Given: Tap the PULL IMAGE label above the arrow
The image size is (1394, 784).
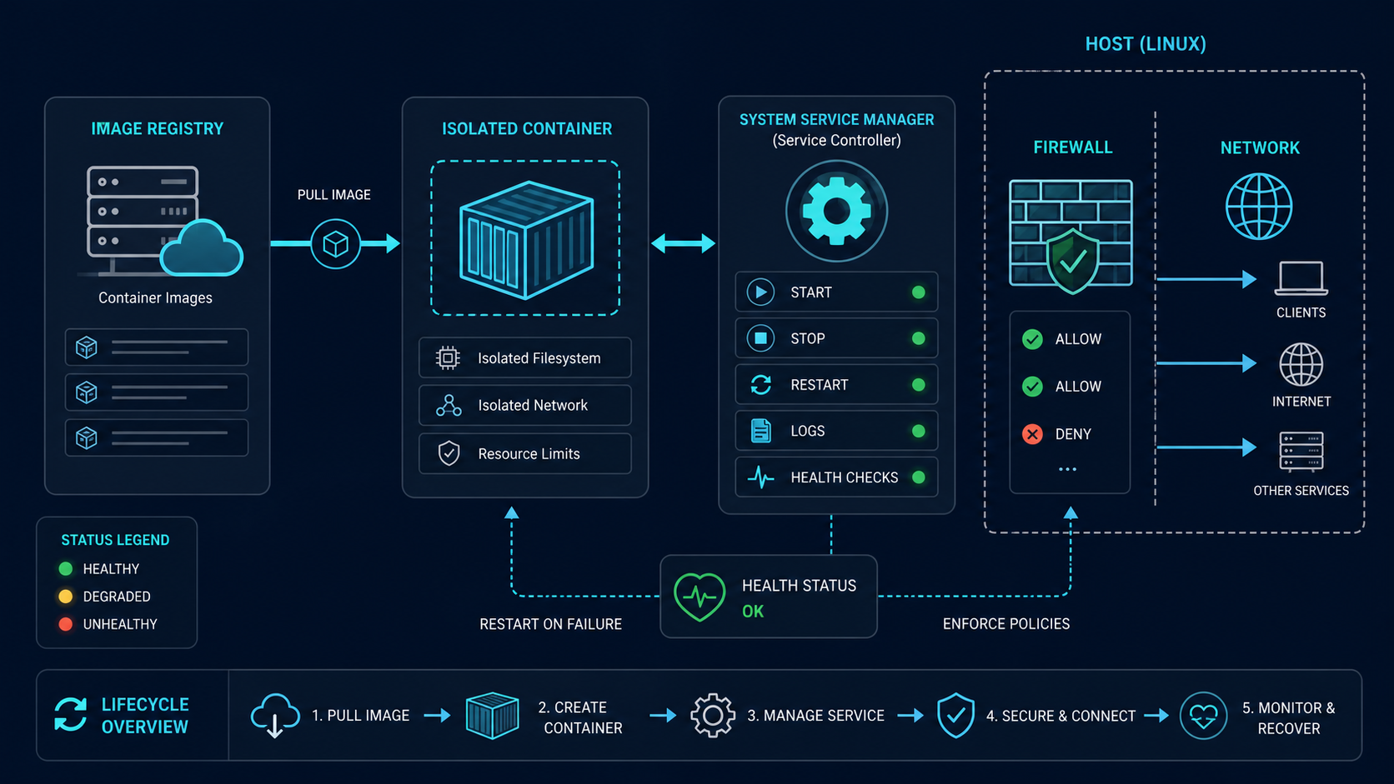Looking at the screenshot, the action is point(334,195).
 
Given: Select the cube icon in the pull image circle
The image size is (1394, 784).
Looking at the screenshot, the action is point(335,244).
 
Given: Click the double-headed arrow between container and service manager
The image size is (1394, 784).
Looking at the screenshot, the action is point(683,243).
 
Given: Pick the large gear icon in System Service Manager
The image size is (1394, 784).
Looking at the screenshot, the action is point(836,212).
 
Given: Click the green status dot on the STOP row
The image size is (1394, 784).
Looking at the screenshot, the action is point(918,338).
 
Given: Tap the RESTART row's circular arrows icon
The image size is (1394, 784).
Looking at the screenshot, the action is point(760,385).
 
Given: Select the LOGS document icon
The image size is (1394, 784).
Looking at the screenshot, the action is point(760,431).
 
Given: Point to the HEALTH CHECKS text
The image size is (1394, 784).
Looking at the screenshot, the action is point(844,477).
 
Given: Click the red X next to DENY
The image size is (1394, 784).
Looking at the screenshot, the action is point(1032,434).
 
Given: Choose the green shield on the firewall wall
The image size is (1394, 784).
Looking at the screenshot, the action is point(1071,261).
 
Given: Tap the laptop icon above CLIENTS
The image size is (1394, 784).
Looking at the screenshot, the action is point(1301,278).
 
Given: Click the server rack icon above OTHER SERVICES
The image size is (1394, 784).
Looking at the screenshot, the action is point(1301,452).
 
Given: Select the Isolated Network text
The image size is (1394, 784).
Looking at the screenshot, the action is point(533,406).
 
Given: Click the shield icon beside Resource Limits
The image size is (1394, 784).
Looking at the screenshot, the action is point(449,454).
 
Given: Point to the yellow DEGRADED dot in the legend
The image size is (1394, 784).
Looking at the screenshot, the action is point(65,597).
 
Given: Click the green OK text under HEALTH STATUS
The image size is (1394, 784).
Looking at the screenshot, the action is point(752,612).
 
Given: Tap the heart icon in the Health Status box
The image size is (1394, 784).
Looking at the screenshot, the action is point(700,597).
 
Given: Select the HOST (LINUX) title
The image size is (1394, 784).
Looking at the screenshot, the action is point(1145,44).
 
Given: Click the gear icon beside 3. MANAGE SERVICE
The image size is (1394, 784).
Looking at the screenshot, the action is point(713,716).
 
